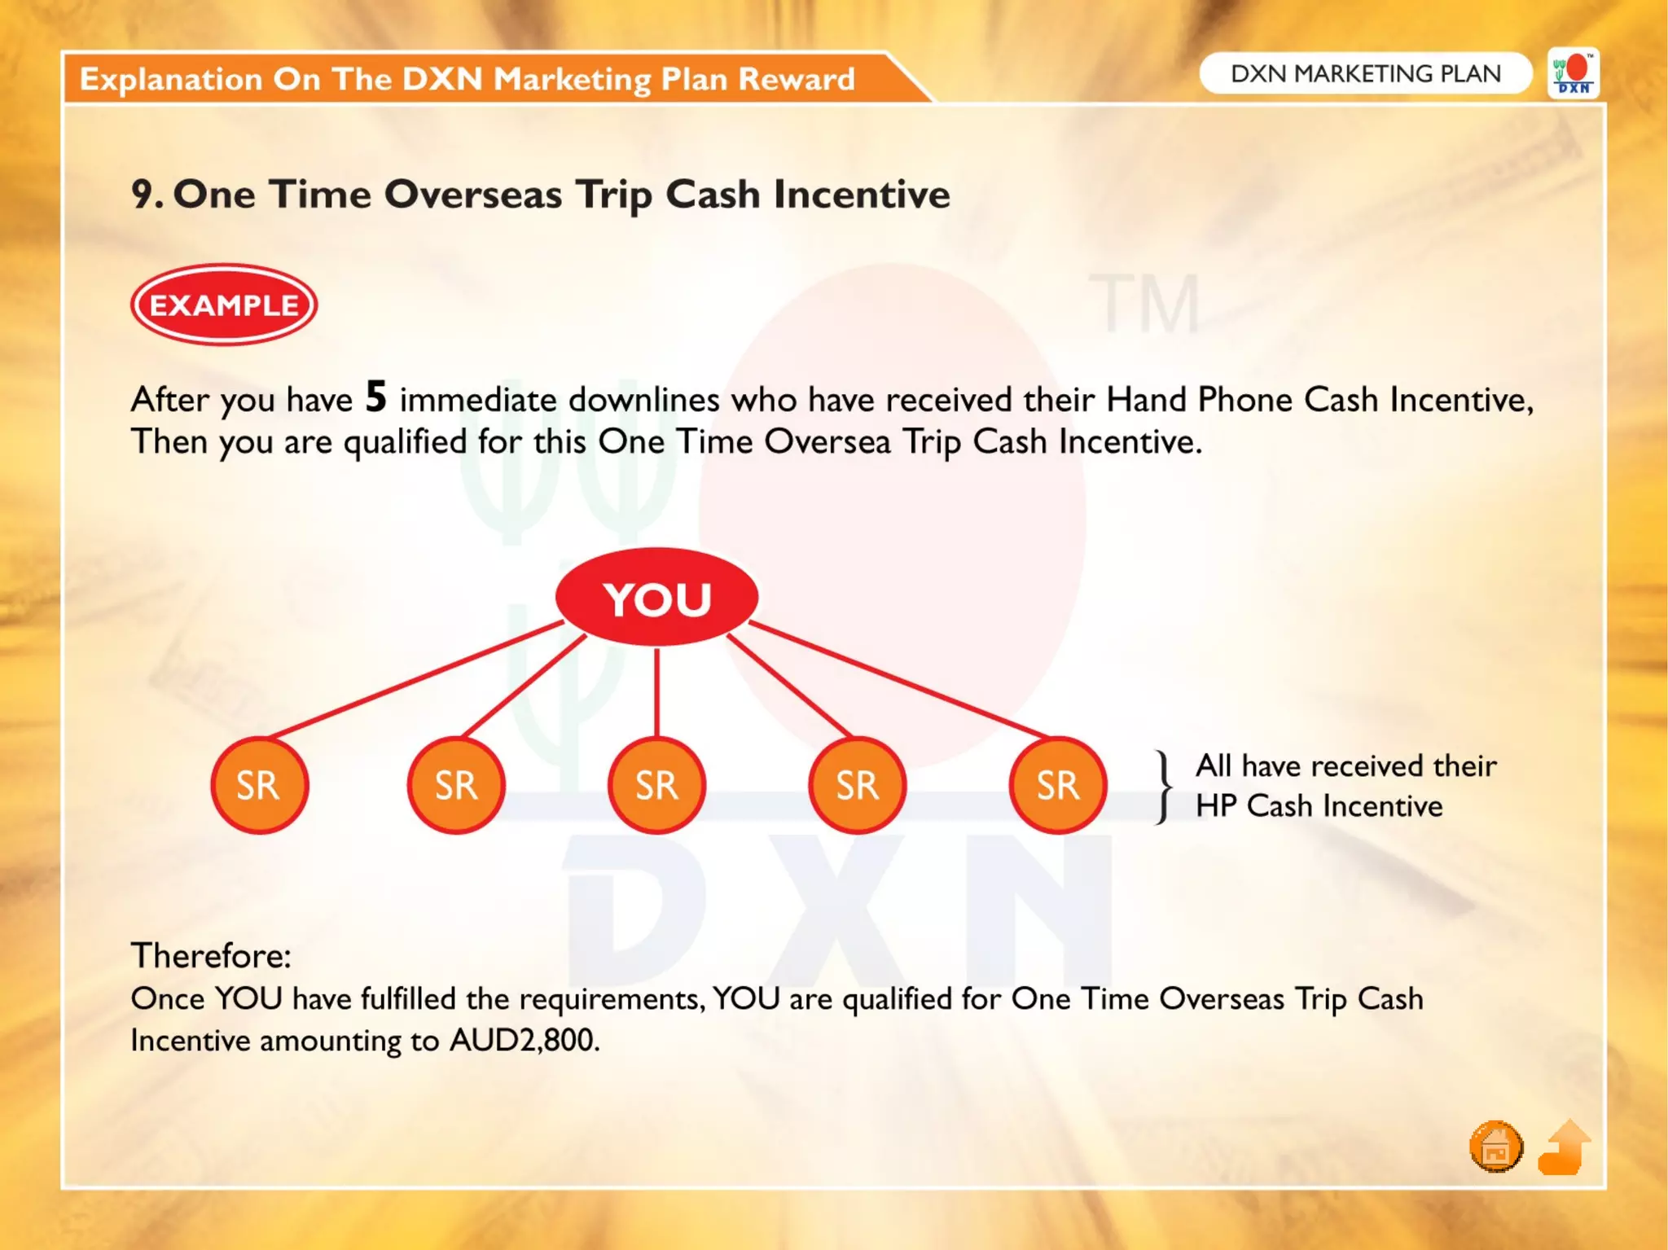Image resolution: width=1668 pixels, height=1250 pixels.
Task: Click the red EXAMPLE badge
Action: pos(224,305)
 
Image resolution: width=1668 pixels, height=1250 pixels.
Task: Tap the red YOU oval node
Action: pos(656,598)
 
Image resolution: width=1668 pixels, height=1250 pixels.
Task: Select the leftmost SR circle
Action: pos(259,785)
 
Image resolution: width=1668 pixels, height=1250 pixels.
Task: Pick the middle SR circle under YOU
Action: pos(656,785)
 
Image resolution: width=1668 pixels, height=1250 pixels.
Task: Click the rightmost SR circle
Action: pos(1057,785)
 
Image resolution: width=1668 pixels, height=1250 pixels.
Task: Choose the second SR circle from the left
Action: pos(456,785)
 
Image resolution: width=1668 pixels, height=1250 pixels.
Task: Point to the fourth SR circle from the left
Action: pos(857,785)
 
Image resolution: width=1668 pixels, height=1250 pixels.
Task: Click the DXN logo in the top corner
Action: pos(1574,74)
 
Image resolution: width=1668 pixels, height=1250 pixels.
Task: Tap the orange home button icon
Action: pos(1495,1147)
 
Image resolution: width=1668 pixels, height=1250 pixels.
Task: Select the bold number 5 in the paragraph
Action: pos(375,397)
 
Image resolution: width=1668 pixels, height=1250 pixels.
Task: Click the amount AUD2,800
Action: pos(525,1041)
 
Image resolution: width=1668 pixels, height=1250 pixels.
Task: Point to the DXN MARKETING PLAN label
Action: pos(1365,74)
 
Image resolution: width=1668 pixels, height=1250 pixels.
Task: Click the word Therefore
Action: pos(210,955)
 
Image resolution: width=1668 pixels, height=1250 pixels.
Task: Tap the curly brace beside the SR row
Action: pos(1165,787)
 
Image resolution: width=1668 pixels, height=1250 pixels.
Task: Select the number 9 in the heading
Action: pos(143,195)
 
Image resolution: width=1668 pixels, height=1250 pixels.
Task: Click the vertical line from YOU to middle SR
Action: pos(656,692)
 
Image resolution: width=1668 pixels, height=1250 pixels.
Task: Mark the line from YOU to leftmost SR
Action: pos(415,679)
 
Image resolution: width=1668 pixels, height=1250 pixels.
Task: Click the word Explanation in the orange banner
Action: pos(170,79)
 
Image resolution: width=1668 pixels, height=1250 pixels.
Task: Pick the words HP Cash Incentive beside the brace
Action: pos(1319,806)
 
